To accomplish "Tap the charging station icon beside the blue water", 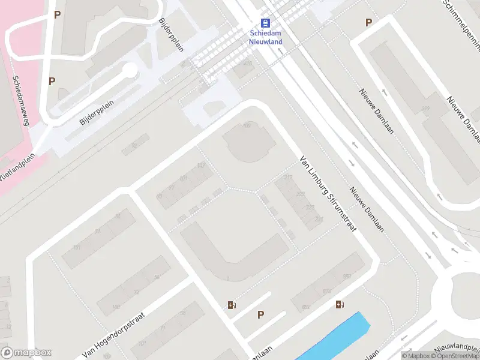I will [340, 305].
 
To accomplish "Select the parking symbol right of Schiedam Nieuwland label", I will [368, 23].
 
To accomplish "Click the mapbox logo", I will [26, 353].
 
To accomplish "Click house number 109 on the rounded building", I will [246, 125].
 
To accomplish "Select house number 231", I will [319, 220].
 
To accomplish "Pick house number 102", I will [201, 165].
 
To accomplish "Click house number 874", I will [326, 292].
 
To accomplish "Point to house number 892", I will [307, 307].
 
